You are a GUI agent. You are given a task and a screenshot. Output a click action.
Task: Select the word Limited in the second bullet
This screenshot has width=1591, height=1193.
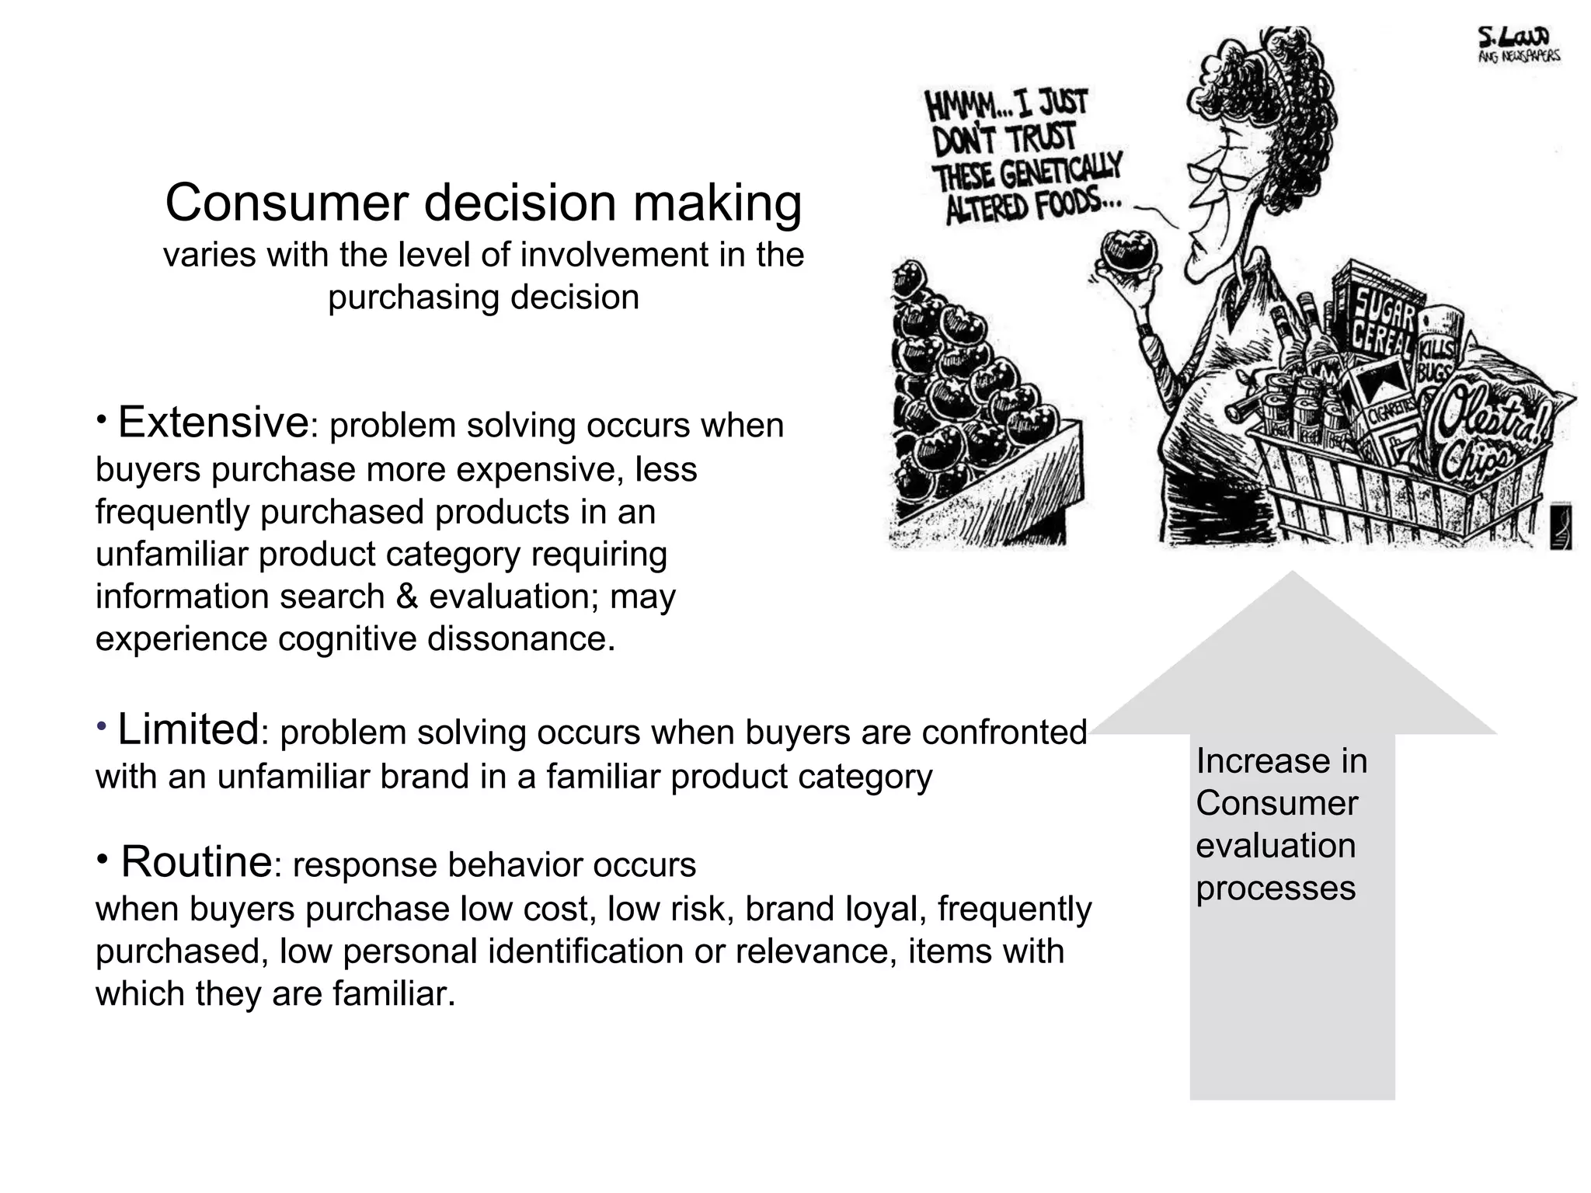pos(187,729)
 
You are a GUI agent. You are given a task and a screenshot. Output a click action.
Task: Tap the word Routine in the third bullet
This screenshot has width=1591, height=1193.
pos(196,861)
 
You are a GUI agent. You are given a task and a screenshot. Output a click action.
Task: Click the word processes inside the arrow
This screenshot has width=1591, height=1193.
pos(1276,888)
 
